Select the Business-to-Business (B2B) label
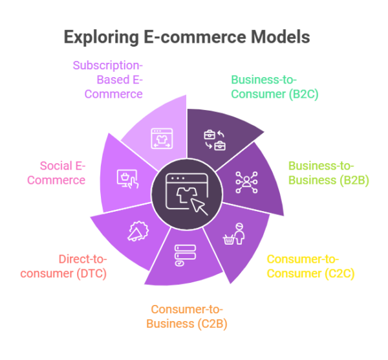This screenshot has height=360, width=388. pyautogui.click(x=328, y=173)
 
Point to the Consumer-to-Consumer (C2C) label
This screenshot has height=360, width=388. pyautogui.click(x=310, y=266)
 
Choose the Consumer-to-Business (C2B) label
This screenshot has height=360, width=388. pyautogui.click(x=189, y=316)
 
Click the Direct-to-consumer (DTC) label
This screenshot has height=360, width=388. pyautogui.click(x=63, y=265)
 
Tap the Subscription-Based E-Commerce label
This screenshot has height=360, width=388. pyautogui.click(x=107, y=80)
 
